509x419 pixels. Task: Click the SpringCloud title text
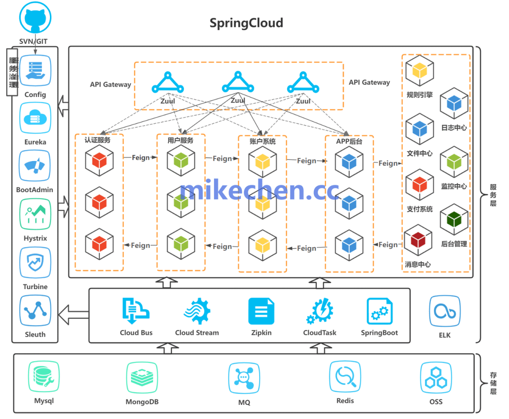246,23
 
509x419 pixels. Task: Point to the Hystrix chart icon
35,214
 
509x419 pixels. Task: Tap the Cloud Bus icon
136,310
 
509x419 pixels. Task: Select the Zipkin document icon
261,311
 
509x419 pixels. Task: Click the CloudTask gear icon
320,311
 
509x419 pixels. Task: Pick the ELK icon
444,311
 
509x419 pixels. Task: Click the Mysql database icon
44,377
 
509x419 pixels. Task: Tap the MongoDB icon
141,378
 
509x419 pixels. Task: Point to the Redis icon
345,377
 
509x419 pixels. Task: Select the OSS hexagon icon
436,378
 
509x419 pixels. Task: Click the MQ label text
244,403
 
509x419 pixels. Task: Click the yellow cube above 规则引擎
419,71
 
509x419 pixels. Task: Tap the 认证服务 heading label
98,140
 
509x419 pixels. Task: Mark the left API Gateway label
110,85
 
